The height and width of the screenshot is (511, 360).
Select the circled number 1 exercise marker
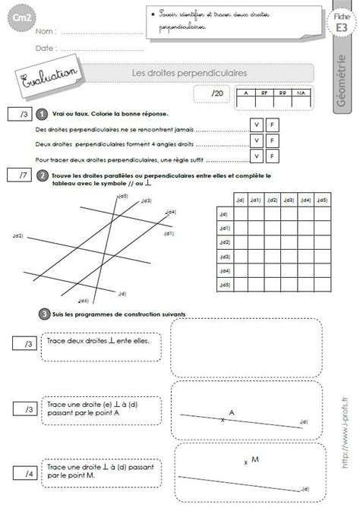click(x=43, y=114)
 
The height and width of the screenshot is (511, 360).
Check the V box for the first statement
click(x=257, y=124)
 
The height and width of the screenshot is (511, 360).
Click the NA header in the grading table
click(x=302, y=93)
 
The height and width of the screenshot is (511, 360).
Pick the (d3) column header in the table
click(x=289, y=200)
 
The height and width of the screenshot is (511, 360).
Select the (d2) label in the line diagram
click(x=17, y=236)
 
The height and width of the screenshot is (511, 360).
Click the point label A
click(x=232, y=412)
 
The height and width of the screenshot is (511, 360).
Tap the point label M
click(x=255, y=459)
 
